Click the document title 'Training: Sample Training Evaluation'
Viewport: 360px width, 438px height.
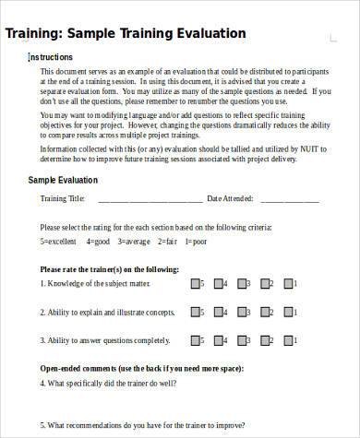(126, 34)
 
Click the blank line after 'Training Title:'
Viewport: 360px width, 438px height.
(150, 199)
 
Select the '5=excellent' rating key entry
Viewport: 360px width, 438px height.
(59, 241)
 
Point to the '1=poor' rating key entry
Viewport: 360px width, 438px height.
(195, 241)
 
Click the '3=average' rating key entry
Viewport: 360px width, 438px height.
(132, 241)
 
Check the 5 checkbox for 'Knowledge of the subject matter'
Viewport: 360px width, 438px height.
(195, 284)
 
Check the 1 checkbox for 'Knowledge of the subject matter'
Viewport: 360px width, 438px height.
(288, 284)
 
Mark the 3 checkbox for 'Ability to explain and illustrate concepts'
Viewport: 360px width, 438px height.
(242, 312)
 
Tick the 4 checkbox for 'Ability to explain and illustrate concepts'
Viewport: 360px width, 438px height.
(219, 312)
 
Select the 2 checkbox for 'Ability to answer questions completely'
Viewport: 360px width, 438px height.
(265, 339)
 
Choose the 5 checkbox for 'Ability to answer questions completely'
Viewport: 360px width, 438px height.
(195, 339)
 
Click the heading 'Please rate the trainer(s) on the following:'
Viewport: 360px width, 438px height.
(109, 269)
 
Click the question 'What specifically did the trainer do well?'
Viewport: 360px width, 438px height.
(117, 382)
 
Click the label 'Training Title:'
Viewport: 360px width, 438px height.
(63, 199)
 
